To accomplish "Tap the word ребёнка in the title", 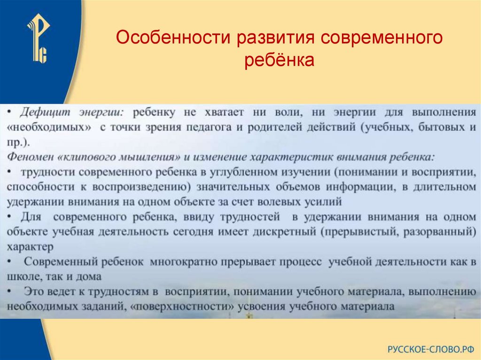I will coord(279,61).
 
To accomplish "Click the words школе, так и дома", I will coord(54,276).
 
